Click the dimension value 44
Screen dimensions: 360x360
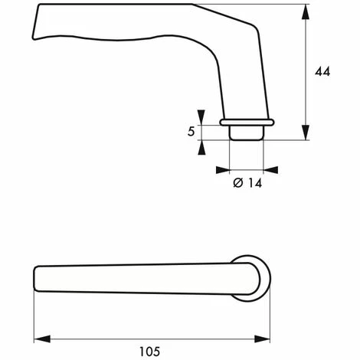point(322,71)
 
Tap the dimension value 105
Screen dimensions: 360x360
point(149,352)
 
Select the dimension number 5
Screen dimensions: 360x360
point(191,132)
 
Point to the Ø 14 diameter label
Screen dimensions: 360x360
point(247,183)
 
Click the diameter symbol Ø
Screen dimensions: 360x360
point(238,183)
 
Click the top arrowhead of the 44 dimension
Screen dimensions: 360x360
point(306,12)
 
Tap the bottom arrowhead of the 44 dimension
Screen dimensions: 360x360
point(306,133)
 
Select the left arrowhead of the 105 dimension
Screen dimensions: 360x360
point(42,339)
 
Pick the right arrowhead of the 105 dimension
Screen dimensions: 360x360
point(262,339)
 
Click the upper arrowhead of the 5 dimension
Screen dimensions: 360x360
point(201,117)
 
